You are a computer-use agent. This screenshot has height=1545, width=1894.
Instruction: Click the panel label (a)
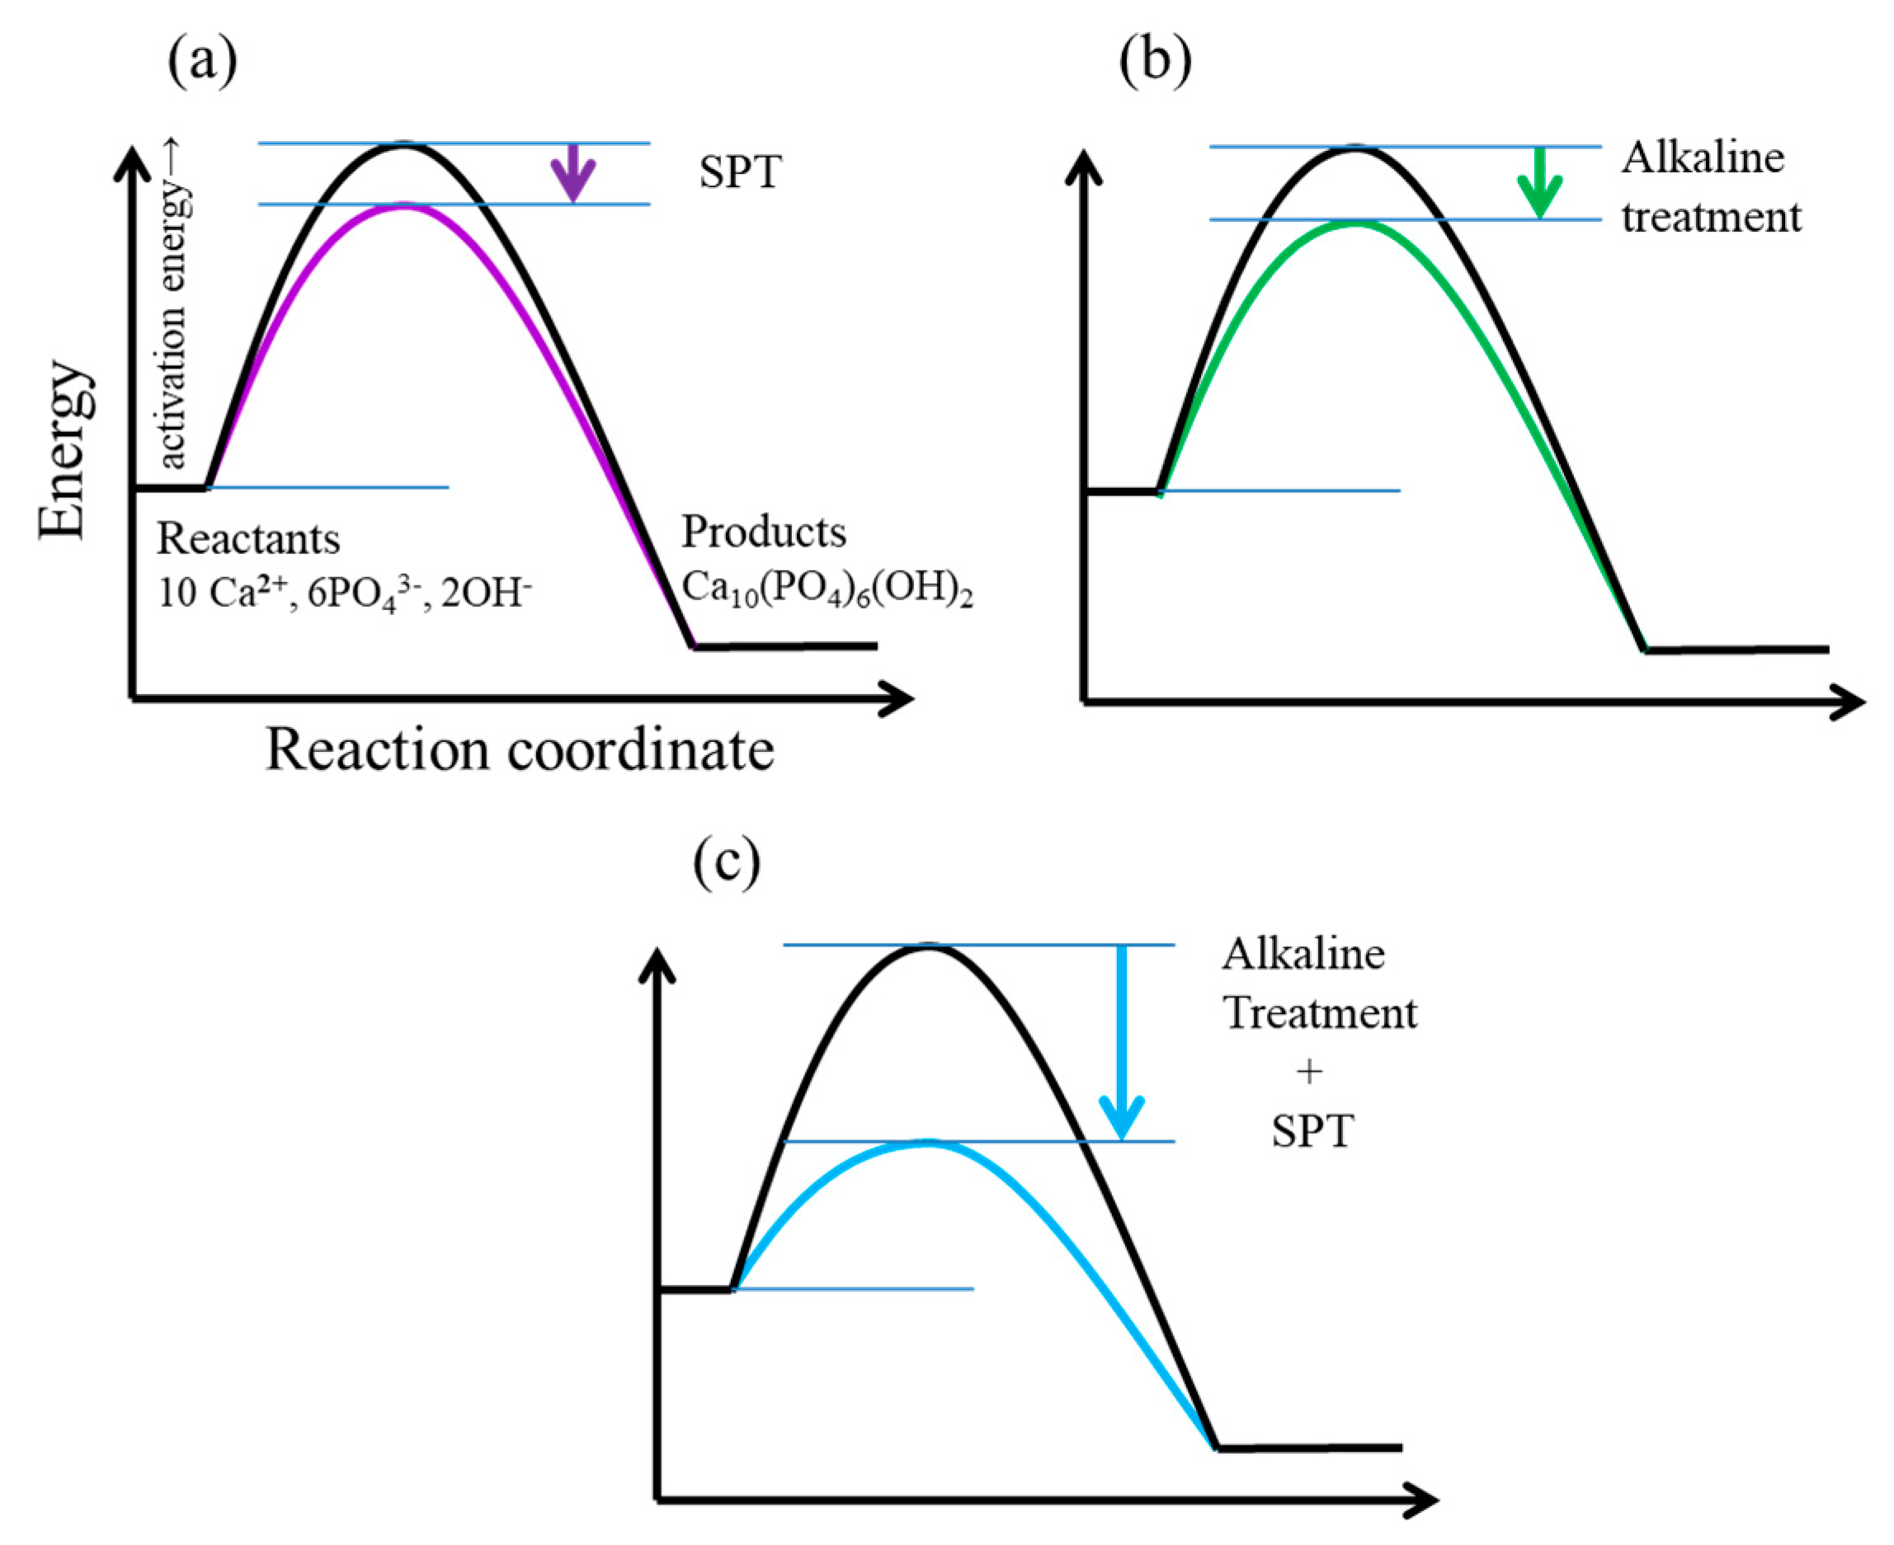tap(203, 61)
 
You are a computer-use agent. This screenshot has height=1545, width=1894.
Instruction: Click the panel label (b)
tap(1155, 61)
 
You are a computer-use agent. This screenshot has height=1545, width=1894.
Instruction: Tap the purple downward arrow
tap(572, 174)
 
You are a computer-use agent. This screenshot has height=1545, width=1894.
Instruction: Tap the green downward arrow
tap(1539, 183)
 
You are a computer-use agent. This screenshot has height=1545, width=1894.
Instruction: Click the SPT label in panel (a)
tap(740, 172)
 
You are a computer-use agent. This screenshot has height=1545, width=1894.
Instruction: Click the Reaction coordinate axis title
tap(520, 750)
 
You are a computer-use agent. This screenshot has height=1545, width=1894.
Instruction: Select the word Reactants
tap(248, 538)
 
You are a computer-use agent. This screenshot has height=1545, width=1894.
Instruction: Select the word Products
tap(764, 533)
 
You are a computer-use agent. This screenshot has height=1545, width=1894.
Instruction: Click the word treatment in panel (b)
tap(1711, 217)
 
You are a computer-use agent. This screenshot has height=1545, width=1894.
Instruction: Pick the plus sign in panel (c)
tap(1309, 1072)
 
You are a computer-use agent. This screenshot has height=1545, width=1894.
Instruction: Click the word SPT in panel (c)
tap(1312, 1131)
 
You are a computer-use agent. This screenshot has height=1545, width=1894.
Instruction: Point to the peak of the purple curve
tap(403, 206)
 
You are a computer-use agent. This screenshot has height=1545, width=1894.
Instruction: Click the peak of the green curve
tap(1355, 223)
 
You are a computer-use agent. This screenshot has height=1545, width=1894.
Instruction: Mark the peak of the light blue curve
tap(928, 1143)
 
